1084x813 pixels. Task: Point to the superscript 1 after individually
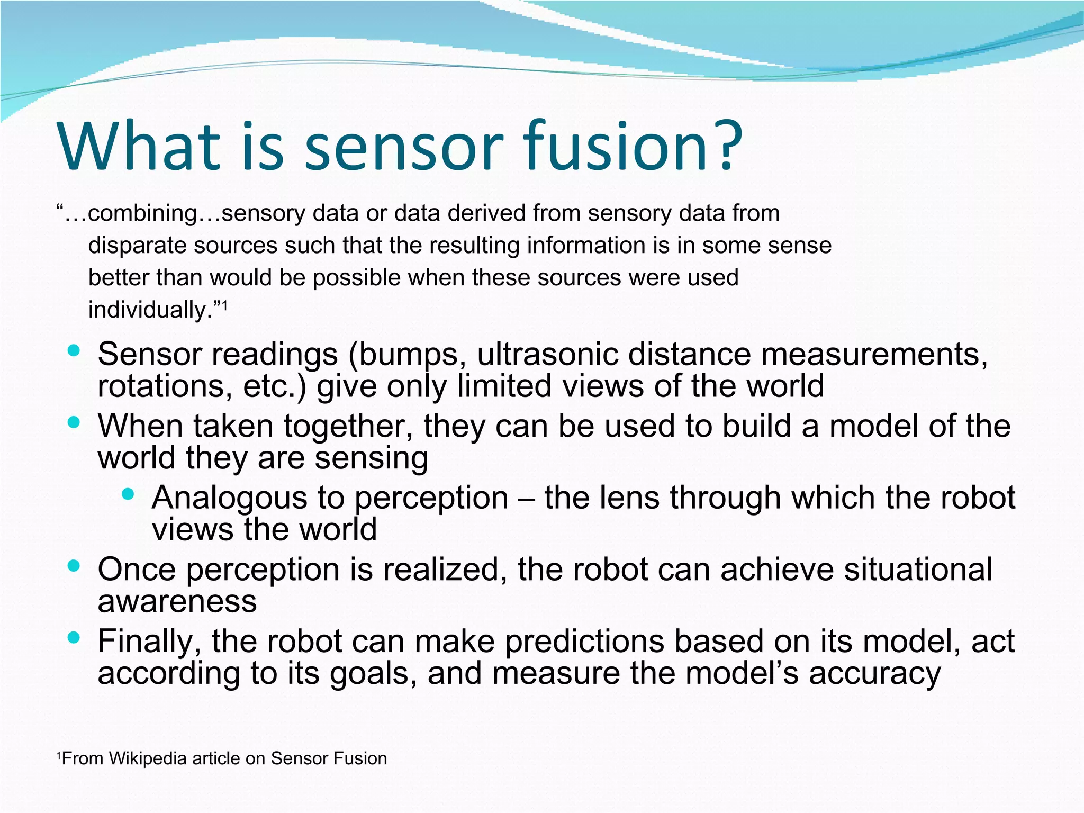pyautogui.click(x=224, y=305)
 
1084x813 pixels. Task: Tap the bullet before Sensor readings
pyautogui.click(x=74, y=350)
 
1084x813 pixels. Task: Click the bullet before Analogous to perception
pyautogui.click(x=128, y=494)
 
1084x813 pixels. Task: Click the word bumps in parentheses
pyautogui.click(x=409, y=355)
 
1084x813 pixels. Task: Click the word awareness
pyautogui.click(x=177, y=601)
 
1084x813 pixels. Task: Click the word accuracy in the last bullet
pyautogui.click(x=875, y=674)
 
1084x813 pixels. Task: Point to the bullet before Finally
pyautogui.click(x=74, y=637)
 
